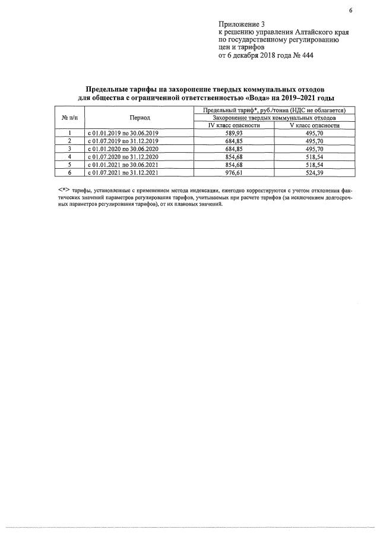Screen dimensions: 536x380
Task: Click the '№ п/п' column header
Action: (69, 118)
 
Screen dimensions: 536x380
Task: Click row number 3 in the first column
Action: (69, 149)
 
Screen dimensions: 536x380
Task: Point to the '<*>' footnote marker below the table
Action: (64, 190)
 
